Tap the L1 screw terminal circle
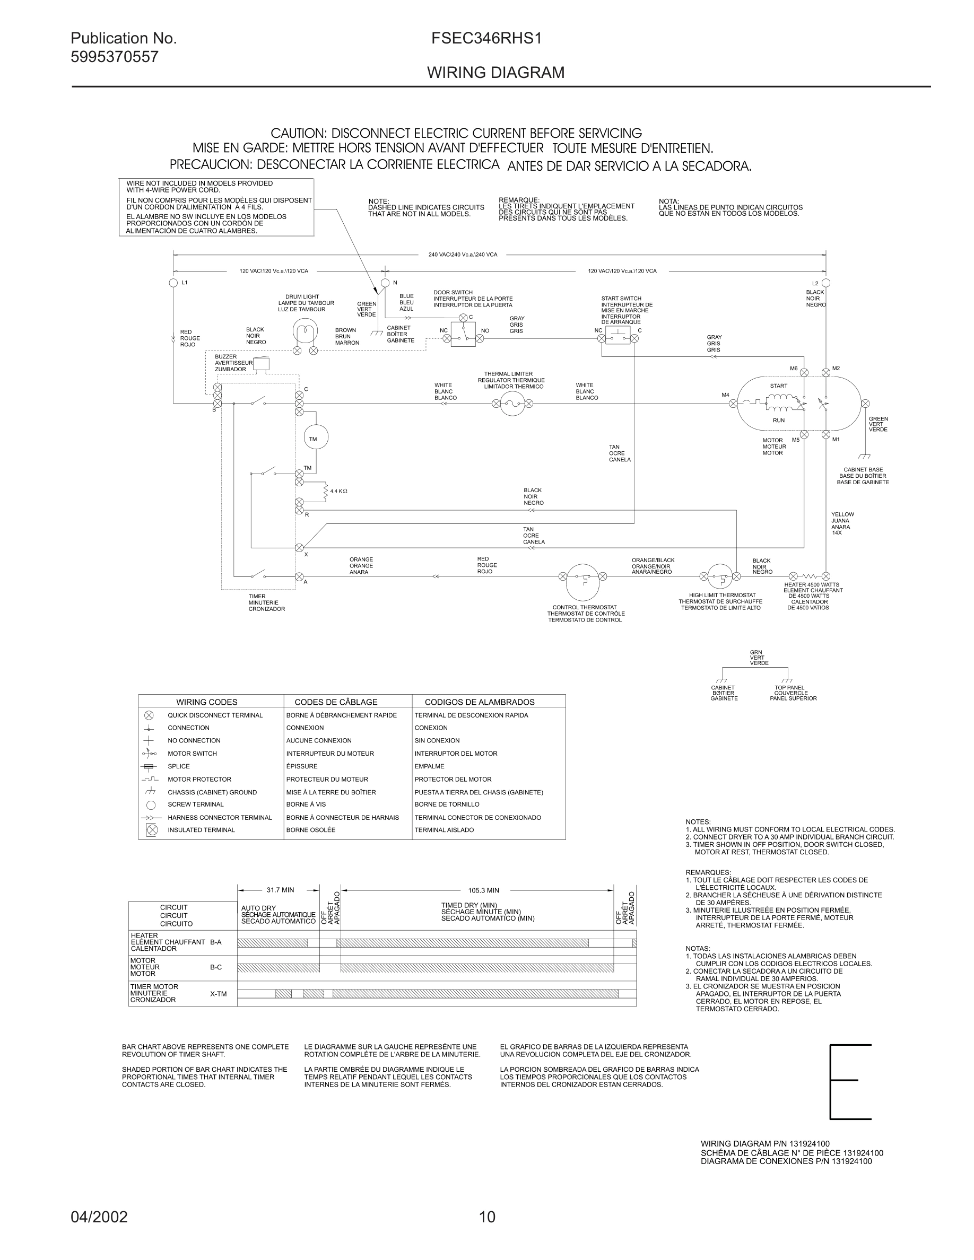click(173, 283)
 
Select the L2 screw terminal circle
click(825, 283)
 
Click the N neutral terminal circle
click(386, 283)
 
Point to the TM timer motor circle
click(315, 439)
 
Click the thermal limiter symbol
click(512, 403)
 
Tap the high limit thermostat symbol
click(719, 576)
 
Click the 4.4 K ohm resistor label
click(338, 491)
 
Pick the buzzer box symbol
click(262, 364)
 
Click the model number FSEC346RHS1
click(486, 39)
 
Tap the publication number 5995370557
click(114, 57)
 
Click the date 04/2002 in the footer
click(99, 1217)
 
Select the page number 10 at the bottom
click(487, 1217)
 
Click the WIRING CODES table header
click(206, 702)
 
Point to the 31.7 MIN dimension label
click(280, 890)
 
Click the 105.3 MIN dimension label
click(483, 890)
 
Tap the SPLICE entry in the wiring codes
click(178, 766)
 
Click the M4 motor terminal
click(733, 403)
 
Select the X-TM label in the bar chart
click(218, 994)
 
